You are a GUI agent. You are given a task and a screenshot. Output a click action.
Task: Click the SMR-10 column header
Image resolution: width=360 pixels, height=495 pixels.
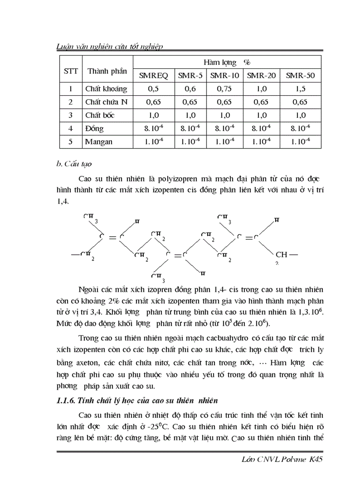[225, 76]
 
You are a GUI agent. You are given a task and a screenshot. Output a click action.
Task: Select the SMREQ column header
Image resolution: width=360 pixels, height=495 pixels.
[154, 76]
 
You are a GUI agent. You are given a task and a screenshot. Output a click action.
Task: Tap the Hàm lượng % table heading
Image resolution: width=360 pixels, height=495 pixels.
[227, 63]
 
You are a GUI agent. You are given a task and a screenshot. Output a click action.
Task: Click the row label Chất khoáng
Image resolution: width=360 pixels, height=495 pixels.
[106, 89]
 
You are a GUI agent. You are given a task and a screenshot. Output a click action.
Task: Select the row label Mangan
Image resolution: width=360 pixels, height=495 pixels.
[99, 141]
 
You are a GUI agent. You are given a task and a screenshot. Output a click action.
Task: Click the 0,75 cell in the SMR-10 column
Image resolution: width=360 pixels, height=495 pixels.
[225, 89]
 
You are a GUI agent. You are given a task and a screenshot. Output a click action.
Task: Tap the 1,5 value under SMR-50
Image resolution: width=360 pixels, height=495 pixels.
[300, 89]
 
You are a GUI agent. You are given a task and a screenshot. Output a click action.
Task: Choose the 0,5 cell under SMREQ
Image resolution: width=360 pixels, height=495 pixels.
[154, 89]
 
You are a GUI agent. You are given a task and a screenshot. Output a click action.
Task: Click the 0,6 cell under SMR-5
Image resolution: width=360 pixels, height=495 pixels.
[190, 89]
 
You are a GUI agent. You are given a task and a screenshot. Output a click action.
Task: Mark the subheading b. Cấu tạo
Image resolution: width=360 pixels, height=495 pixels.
[74, 164]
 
